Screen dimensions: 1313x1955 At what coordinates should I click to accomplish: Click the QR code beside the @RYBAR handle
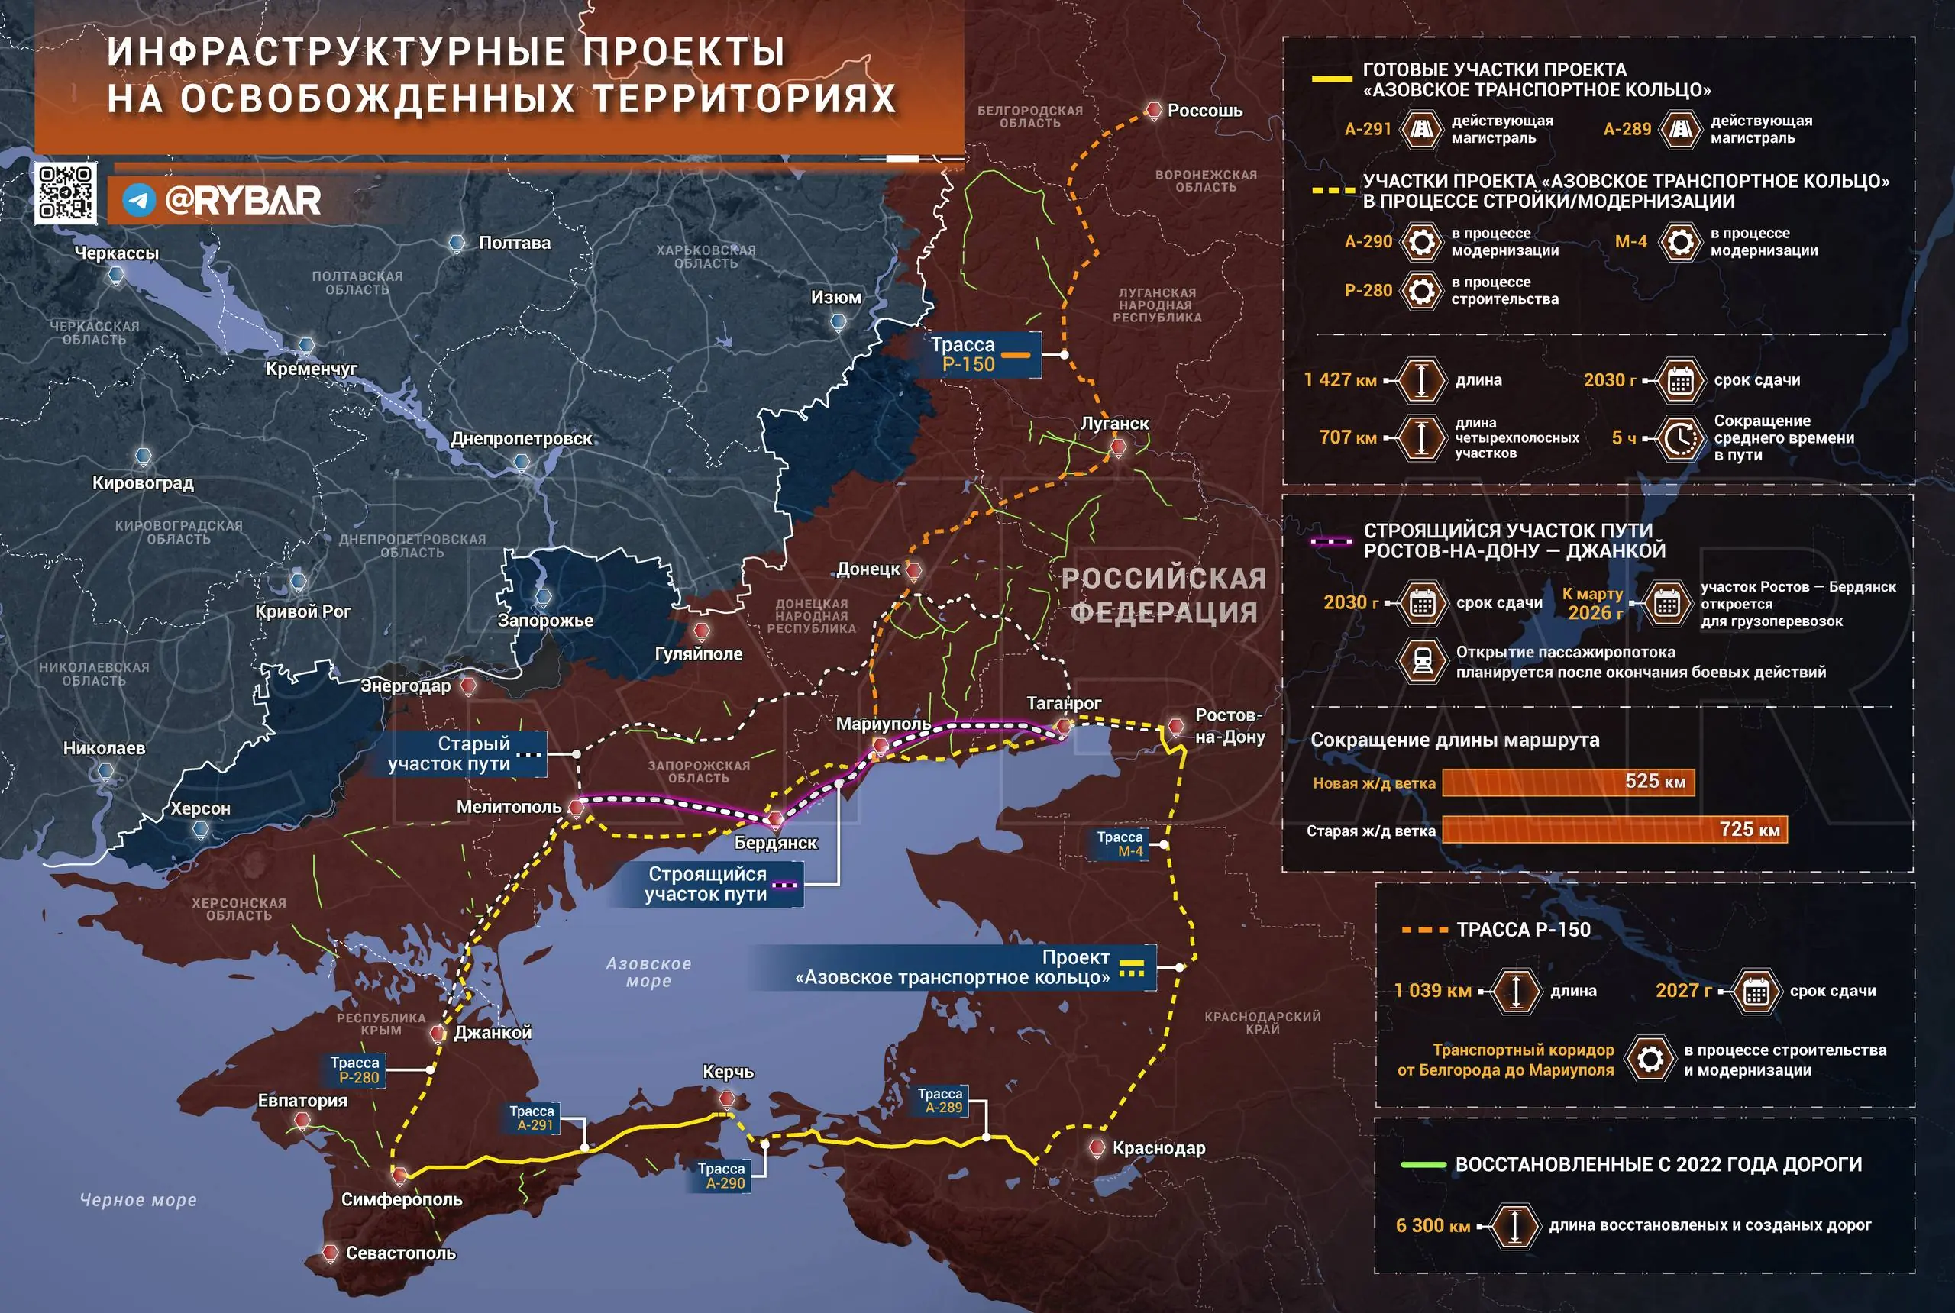66,192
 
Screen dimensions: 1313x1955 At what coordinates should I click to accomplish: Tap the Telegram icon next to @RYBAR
139,200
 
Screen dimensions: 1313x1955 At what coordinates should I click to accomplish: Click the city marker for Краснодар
1097,1147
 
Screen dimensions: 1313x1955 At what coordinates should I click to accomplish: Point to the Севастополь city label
400,1253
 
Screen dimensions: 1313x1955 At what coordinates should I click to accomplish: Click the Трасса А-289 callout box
940,1100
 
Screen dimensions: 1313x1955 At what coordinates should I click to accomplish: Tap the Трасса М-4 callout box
1120,844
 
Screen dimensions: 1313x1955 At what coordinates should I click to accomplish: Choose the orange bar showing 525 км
1568,782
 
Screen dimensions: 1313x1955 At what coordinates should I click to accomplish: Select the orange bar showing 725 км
1614,830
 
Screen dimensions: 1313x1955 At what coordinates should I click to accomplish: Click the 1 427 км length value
1340,380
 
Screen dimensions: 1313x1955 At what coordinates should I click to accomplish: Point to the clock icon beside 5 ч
1679,438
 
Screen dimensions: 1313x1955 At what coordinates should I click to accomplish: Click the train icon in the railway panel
1421,662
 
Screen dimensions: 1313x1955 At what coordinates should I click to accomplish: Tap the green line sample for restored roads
1423,1165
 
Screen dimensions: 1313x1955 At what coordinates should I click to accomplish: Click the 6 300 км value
1433,1226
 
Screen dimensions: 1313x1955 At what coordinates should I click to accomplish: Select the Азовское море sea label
648,973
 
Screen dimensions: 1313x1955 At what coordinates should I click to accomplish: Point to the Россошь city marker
1153,110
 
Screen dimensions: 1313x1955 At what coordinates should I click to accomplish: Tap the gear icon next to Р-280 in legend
1420,291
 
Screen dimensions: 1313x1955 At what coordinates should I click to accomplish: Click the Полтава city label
514,243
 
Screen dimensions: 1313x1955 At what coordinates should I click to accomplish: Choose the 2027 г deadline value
1684,991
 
